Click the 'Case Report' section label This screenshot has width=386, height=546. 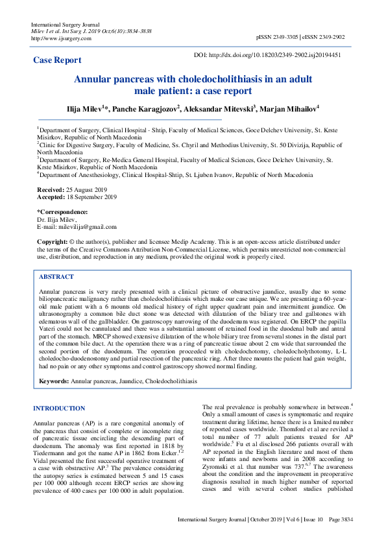tap(58, 60)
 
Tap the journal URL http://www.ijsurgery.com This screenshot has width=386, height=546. tap(57, 38)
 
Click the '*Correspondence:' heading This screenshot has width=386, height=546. tap(62, 212)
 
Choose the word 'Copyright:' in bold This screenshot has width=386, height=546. tap(53, 242)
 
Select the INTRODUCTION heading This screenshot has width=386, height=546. tap(58, 409)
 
